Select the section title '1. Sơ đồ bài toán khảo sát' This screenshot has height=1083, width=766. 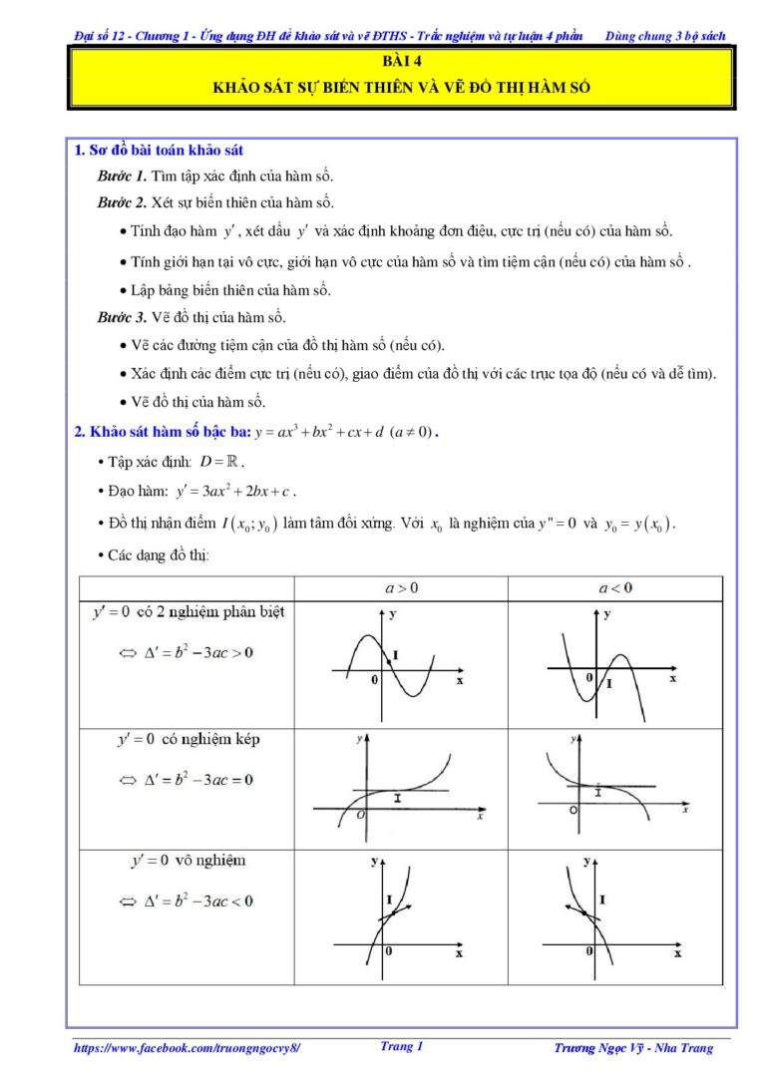pyautogui.click(x=160, y=151)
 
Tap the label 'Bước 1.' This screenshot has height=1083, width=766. pyautogui.click(x=122, y=176)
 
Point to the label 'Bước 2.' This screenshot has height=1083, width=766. pyautogui.click(x=122, y=202)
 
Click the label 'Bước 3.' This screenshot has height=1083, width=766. pyautogui.click(x=122, y=318)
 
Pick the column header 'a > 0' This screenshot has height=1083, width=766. pyautogui.click(x=401, y=588)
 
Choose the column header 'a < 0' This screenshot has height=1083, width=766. pyautogui.click(x=614, y=588)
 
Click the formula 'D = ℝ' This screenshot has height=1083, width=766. pyautogui.click(x=220, y=462)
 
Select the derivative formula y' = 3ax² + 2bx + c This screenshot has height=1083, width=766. pyautogui.click(x=235, y=491)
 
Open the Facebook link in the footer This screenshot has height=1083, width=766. pyautogui.click(x=187, y=1048)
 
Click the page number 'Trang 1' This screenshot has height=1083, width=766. pyautogui.click(x=402, y=1047)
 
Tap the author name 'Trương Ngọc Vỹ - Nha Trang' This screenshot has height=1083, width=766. pyautogui.click(x=633, y=1048)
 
